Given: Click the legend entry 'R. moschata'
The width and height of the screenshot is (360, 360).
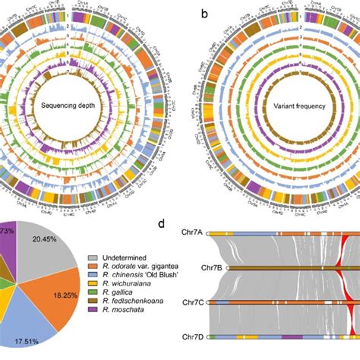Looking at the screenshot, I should pos(120,319).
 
